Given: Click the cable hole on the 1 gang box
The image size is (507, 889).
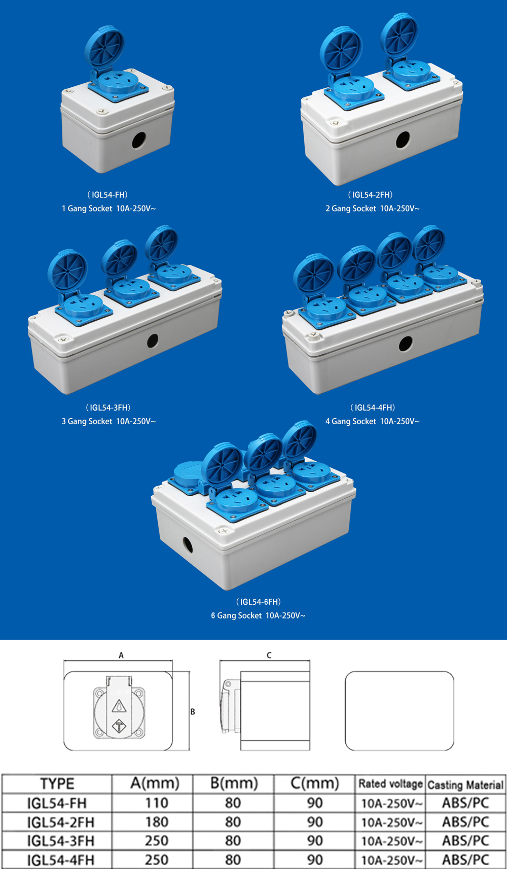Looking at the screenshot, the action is [x=139, y=140].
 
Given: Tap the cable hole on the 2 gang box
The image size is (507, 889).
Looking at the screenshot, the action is [x=403, y=140].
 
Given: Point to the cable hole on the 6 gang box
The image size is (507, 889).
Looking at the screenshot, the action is [x=188, y=545].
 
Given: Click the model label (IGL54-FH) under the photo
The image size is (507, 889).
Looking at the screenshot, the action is [x=107, y=195].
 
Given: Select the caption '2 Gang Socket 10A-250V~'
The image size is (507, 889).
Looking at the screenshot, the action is [x=373, y=209].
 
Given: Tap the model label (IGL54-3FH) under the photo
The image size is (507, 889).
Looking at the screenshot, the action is [x=108, y=407].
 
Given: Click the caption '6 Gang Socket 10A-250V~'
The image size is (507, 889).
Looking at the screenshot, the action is [x=258, y=616].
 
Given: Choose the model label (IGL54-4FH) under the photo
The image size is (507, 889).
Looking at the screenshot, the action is [x=373, y=407].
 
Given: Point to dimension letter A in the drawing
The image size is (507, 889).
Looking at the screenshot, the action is [x=121, y=655].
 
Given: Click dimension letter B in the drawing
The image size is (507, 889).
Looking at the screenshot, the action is [x=193, y=712].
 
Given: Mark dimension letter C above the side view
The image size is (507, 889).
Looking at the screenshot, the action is [x=269, y=655].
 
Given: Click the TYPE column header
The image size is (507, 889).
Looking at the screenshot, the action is [x=57, y=784].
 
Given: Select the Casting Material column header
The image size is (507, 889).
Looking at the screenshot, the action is [x=465, y=785].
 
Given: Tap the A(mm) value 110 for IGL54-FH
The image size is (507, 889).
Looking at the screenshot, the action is [x=156, y=803].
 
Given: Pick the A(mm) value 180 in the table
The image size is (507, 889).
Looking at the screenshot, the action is [x=156, y=822].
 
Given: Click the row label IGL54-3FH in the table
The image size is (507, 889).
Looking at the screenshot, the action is [x=60, y=841].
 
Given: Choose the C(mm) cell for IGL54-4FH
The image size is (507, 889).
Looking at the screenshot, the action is [x=314, y=860].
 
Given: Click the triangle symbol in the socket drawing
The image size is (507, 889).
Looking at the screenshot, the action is [x=119, y=706].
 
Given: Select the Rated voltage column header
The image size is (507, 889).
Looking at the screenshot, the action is [x=390, y=784].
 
